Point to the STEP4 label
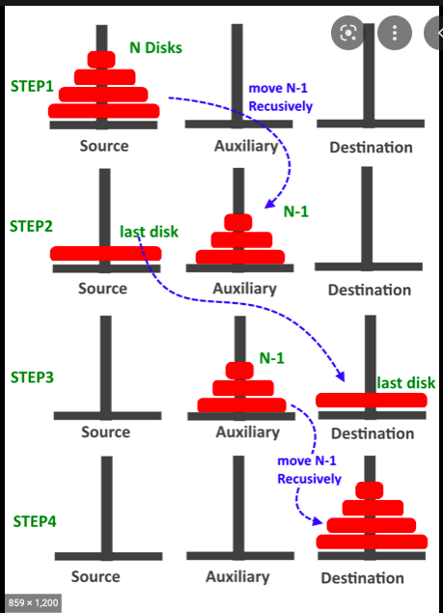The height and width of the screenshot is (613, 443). tap(35, 520)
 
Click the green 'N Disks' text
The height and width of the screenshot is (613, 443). tap(155, 47)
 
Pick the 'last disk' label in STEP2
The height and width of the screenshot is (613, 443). tap(150, 232)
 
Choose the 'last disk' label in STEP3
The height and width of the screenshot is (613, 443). tap(405, 382)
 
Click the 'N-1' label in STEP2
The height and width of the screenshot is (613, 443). tap(295, 211)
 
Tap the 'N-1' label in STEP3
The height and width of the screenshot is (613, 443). tap(272, 358)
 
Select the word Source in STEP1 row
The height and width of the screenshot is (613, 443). tap(104, 146)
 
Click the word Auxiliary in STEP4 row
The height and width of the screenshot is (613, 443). tap(237, 576)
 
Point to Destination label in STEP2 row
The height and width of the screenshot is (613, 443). tap(371, 290)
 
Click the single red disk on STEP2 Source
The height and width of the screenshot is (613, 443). tap(104, 254)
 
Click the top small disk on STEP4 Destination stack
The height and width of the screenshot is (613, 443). tap(370, 489)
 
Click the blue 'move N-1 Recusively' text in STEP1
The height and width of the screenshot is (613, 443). tap(280, 98)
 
